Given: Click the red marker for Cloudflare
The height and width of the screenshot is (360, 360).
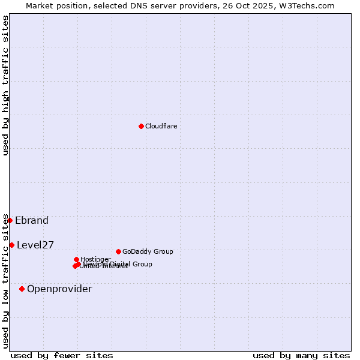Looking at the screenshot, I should tap(141, 126).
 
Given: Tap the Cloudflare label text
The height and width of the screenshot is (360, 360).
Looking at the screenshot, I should tap(161, 126).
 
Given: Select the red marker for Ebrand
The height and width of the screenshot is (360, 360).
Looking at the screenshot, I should tap(10, 220).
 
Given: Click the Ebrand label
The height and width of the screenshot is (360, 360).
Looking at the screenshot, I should tap(32, 220).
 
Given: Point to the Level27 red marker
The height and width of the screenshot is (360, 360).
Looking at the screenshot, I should tap(11, 245).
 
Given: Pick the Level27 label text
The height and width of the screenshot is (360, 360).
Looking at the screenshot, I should tap(35, 245).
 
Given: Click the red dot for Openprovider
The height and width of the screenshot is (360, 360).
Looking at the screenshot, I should tap(22, 289).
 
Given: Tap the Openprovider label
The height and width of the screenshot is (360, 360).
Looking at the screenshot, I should tap(59, 289).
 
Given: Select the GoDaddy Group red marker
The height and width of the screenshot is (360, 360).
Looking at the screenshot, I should tap(118, 251).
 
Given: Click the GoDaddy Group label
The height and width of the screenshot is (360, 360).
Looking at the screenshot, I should tap(148, 251).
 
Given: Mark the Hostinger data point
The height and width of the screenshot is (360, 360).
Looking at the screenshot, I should tap(76, 259).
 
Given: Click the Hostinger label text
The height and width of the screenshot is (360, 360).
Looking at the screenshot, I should tap(95, 259).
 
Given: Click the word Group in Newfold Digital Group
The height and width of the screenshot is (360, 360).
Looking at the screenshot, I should tap(141, 264).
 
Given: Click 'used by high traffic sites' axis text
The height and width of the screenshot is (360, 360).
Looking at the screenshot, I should tap(5, 85).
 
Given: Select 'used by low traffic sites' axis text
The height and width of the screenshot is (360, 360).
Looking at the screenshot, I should tap(5, 280).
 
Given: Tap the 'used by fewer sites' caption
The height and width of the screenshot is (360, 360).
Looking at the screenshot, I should tap(62, 355).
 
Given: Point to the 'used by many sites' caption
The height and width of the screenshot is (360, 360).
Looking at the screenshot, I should tap(301, 355).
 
